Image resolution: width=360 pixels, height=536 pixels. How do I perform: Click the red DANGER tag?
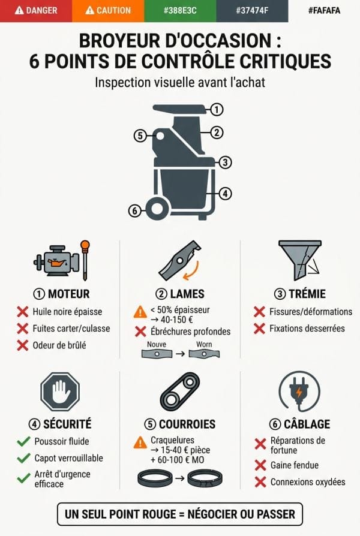(x=36, y=11)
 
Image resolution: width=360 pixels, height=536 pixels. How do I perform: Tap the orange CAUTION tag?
(x=108, y=11)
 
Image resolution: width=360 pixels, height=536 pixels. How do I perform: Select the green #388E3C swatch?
(x=180, y=11)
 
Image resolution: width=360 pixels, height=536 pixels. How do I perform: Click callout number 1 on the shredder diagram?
(x=217, y=109)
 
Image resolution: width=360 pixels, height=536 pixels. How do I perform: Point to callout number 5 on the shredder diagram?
(x=140, y=135)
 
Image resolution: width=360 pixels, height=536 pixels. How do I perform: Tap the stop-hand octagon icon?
(x=59, y=392)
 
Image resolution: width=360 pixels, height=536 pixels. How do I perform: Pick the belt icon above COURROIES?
(x=179, y=391)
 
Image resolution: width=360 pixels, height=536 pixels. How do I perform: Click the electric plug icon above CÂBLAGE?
(x=299, y=391)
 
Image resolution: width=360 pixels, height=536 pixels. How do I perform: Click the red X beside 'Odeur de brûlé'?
(x=23, y=345)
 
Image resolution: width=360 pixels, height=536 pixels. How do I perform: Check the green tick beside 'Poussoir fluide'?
(x=23, y=441)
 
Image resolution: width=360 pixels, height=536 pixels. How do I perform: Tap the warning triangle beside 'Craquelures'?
(x=140, y=443)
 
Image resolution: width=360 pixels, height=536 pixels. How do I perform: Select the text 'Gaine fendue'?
(x=295, y=465)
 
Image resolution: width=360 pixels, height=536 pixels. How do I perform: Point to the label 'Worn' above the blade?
(x=204, y=345)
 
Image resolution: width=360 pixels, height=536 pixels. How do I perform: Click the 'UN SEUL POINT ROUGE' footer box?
(x=180, y=514)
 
